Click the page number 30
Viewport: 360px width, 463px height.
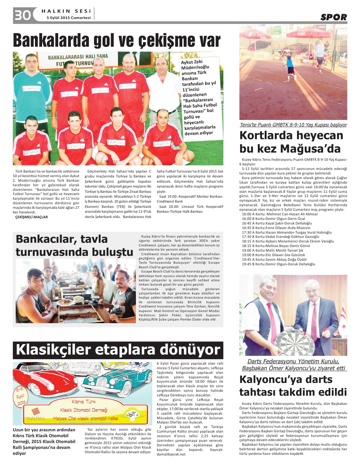[x=22, y=15]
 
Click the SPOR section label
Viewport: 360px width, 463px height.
[x=333, y=17]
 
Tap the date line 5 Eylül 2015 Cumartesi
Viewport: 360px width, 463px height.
[x=69, y=18]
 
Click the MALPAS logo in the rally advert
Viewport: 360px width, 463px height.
[x=35, y=415]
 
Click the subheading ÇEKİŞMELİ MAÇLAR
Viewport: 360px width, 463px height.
[x=32, y=217]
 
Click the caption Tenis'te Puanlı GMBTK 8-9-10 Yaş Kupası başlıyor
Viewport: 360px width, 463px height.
[x=293, y=125]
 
